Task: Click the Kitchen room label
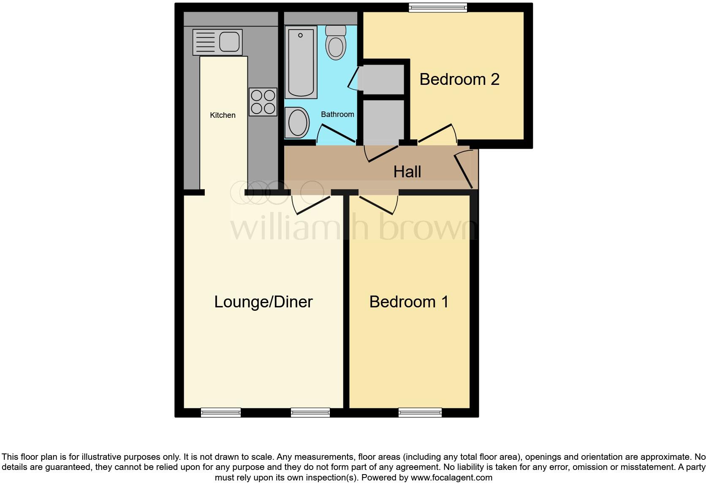click(x=223, y=115)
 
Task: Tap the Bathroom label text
click(x=337, y=114)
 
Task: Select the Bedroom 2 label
click(x=459, y=79)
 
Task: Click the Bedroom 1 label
click(x=409, y=302)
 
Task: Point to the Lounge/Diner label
click(x=263, y=302)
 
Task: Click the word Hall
click(x=407, y=172)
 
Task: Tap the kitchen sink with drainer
click(x=217, y=42)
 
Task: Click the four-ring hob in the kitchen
click(x=263, y=102)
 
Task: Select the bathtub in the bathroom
click(x=301, y=62)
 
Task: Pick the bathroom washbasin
click(x=297, y=123)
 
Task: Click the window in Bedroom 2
click(x=437, y=7)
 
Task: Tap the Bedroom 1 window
click(x=420, y=412)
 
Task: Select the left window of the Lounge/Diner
click(x=221, y=412)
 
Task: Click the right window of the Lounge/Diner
click(x=310, y=412)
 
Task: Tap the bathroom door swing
click(x=336, y=134)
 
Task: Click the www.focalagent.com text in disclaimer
click(x=451, y=478)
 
